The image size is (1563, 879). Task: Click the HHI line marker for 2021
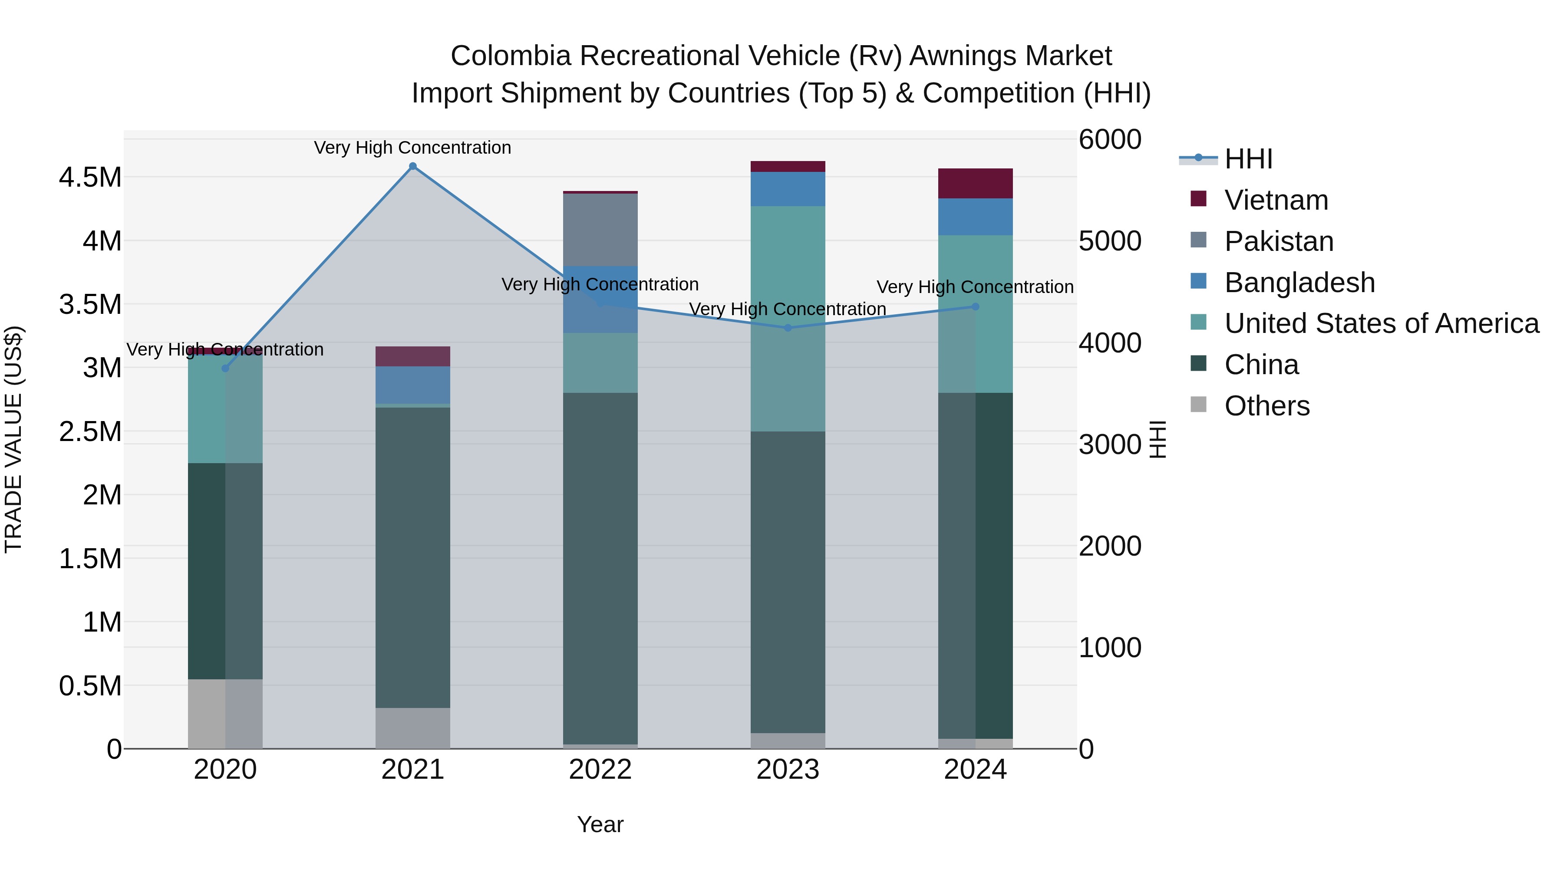(412, 166)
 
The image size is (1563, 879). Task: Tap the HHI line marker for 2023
(788, 328)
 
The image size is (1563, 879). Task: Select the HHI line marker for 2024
(975, 307)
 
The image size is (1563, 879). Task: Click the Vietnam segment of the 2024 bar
(975, 184)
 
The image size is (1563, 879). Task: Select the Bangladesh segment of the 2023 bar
(788, 189)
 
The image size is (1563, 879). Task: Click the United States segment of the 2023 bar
(788, 319)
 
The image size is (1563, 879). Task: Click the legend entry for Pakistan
(1279, 241)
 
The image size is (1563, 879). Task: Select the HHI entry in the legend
(1248, 159)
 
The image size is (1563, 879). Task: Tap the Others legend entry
(1266, 406)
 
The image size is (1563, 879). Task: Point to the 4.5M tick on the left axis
(90, 178)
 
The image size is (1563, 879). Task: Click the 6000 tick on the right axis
(1110, 139)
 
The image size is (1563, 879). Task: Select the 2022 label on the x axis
(600, 770)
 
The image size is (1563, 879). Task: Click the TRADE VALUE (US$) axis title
(14, 439)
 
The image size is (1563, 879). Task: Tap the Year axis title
(600, 824)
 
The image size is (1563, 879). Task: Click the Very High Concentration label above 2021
(412, 148)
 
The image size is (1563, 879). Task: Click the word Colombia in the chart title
(510, 56)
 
